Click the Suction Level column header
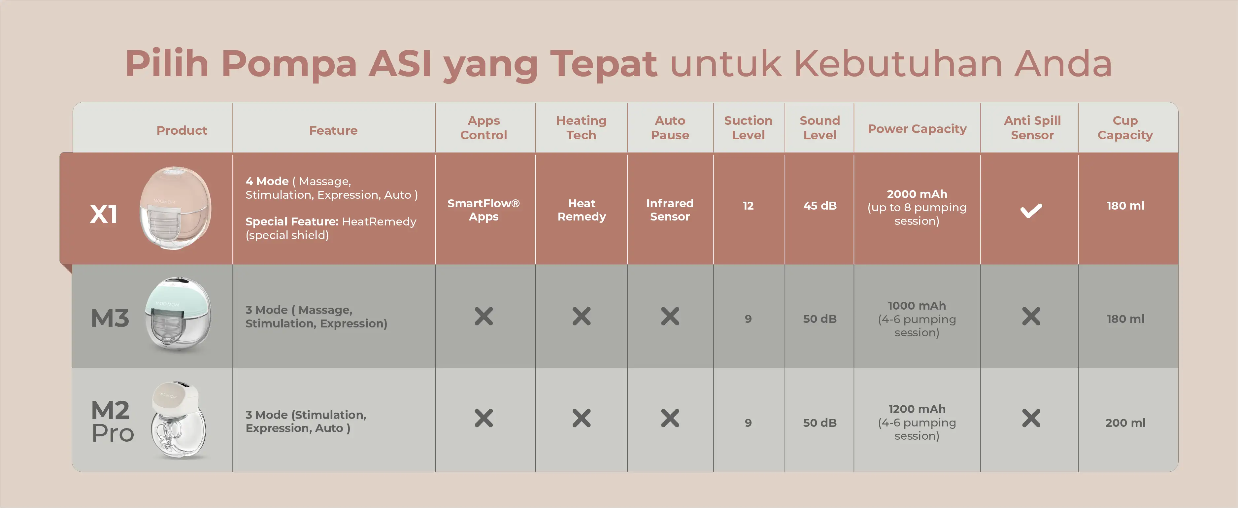point(748,128)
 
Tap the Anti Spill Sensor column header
point(1032,128)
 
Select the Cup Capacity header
point(1125,128)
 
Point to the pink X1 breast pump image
point(175,208)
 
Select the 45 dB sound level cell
point(820,206)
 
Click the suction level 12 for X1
point(748,206)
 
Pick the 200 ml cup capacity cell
point(1125,423)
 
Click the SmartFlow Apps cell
point(484,210)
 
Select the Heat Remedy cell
point(582,210)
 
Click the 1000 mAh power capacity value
point(917,306)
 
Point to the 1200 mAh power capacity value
point(917,409)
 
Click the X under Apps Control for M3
point(484,316)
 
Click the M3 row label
point(110,318)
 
